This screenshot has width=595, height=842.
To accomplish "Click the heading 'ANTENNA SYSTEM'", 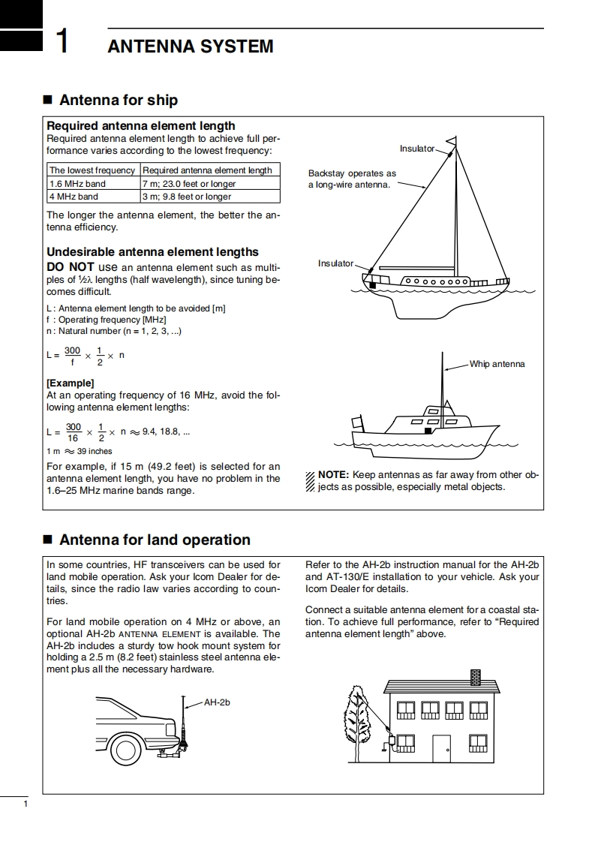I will click(191, 47).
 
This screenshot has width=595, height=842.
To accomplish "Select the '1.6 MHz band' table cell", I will click(77, 184).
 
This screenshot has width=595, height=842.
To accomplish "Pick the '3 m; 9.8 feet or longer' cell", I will click(187, 197).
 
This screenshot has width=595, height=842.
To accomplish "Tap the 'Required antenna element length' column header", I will click(207, 170).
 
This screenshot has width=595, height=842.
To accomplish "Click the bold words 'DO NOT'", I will click(70, 267).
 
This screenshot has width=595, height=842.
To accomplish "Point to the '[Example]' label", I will click(71, 383).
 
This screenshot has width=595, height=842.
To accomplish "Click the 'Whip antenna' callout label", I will click(497, 364).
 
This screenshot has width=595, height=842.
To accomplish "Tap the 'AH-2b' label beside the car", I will click(217, 702).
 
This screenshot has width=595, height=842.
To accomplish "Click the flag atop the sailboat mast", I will click(452, 140).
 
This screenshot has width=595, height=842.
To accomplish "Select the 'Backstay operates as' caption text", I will click(352, 174).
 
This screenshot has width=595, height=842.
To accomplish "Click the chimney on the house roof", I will click(475, 676).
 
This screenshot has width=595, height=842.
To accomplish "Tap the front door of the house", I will click(441, 748).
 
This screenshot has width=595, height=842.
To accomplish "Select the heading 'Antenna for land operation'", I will click(155, 540).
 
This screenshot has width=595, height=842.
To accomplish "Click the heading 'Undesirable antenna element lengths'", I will click(152, 252).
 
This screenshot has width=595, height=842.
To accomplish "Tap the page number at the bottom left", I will click(26, 805).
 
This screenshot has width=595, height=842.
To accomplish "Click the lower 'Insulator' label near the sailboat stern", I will click(335, 263).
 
